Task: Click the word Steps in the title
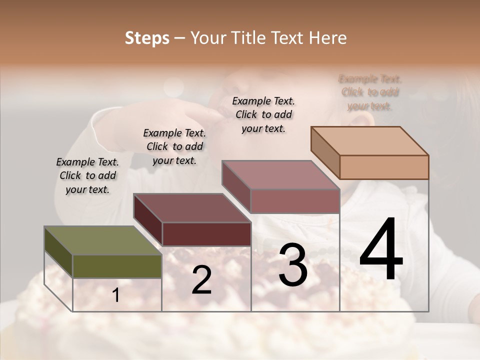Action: (x=147, y=38)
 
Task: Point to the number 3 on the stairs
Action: (x=292, y=265)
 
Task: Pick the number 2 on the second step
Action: (x=201, y=280)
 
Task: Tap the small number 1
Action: (x=116, y=295)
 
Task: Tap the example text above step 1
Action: (x=87, y=175)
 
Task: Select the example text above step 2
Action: (x=174, y=146)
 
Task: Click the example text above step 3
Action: (x=263, y=114)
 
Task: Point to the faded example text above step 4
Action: (x=370, y=92)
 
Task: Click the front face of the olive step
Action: (x=117, y=266)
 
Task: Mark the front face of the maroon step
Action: (x=206, y=234)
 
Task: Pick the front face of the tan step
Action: (x=384, y=167)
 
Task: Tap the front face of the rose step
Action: (x=295, y=201)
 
